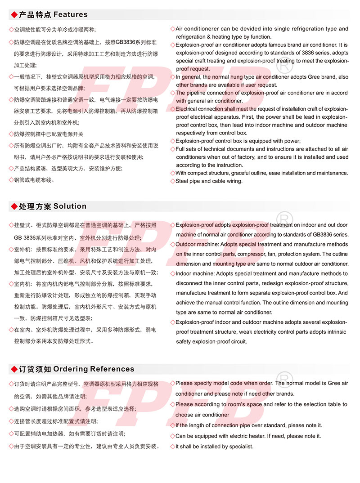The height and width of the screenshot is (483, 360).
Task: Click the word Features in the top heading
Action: pyautogui.click(x=70, y=15)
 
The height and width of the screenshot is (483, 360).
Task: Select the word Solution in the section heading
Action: pyautogui.click(x=70, y=206)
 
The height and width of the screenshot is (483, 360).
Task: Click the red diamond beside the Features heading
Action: pyautogui.click(x=13, y=15)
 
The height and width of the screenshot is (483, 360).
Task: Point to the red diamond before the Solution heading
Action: pyautogui.click(x=13, y=206)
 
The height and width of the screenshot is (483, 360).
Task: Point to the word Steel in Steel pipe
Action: pyautogui.click(x=183, y=181)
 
